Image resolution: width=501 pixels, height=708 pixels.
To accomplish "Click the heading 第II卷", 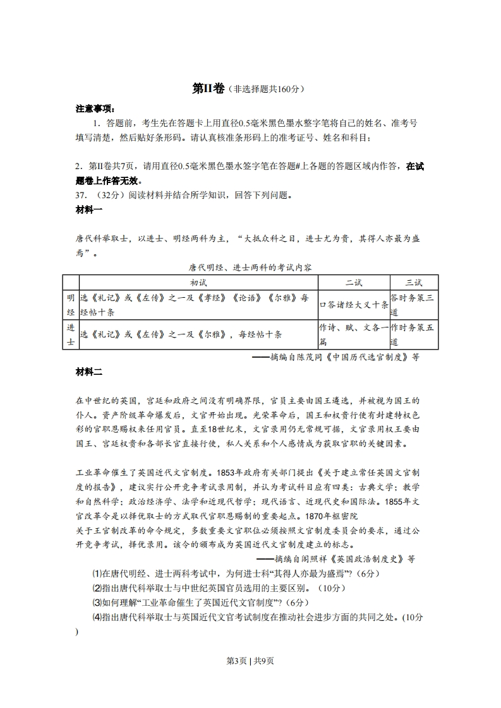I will [208, 89].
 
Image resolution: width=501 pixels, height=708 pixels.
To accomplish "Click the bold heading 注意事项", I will [91, 109].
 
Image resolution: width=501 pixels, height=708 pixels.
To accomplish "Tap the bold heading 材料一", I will [89, 209].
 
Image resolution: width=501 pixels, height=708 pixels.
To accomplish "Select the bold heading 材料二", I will [89, 372].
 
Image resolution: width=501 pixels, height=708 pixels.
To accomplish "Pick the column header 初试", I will [198, 282].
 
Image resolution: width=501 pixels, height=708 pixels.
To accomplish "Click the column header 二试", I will [353, 282].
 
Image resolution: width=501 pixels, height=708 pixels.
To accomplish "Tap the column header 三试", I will [413, 282].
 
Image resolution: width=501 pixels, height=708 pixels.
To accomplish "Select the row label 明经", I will [70, 305].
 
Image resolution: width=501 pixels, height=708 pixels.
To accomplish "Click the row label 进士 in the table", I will [70, 334].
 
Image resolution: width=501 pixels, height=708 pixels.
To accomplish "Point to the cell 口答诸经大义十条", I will [354, 305].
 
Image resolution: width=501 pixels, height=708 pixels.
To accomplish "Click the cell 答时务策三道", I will [412, 305].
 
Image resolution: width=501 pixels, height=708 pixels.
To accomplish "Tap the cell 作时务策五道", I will [412, 334].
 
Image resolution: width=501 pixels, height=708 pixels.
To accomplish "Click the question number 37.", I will [82, 195].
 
